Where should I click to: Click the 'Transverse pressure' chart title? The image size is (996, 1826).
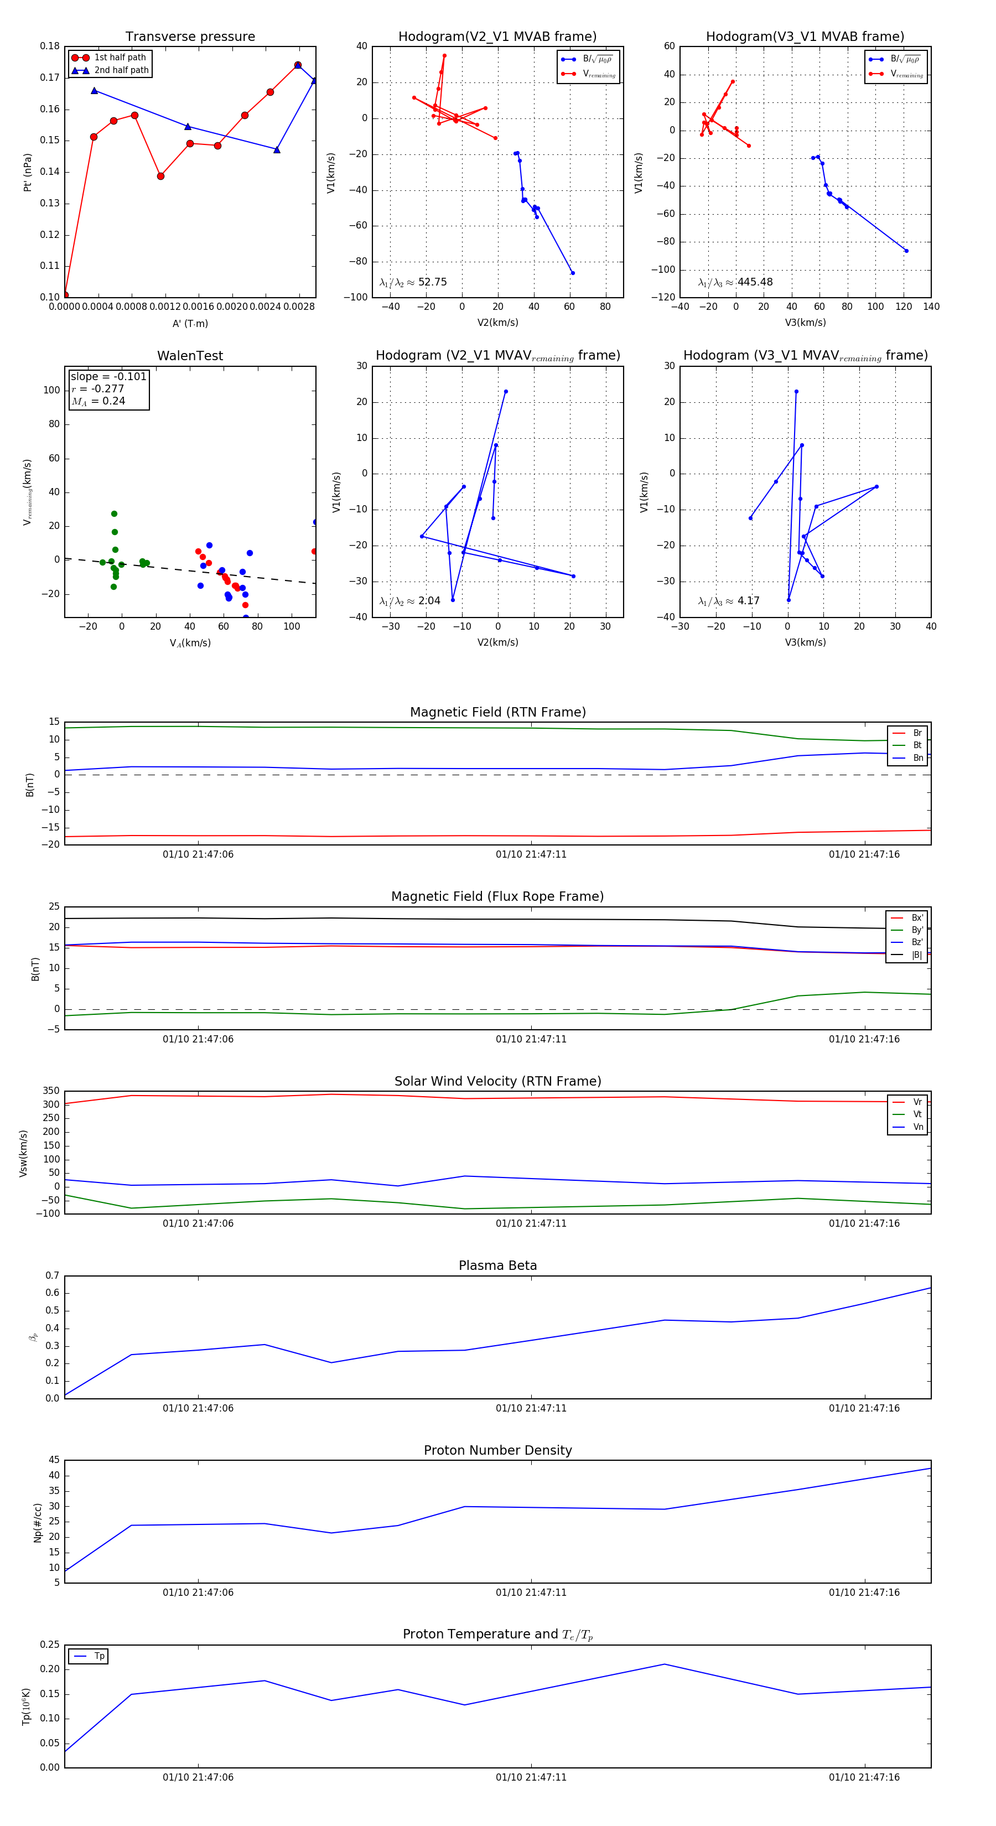[190, 37]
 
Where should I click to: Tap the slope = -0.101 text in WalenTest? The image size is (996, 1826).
[108, 376]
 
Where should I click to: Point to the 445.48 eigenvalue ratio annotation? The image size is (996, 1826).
[754, 282]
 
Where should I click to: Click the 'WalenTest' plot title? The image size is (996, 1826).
[190, 356]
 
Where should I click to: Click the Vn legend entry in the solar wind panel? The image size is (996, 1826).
[917, 1127]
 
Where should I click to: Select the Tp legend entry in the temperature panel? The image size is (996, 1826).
[99, 1656]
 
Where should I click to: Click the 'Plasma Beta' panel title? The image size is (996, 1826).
[497, 1265]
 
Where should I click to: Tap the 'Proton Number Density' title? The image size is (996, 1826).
[497, 1450]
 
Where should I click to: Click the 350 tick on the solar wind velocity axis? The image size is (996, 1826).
[51, 1091]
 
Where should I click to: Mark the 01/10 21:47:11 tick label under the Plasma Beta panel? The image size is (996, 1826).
[531, 1408]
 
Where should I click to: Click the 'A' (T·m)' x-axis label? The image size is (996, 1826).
[190, 323]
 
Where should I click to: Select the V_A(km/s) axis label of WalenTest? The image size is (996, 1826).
[190, 643]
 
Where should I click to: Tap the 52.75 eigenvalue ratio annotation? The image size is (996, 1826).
[432, 282]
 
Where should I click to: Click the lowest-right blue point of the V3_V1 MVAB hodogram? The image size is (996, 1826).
[906, 251]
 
